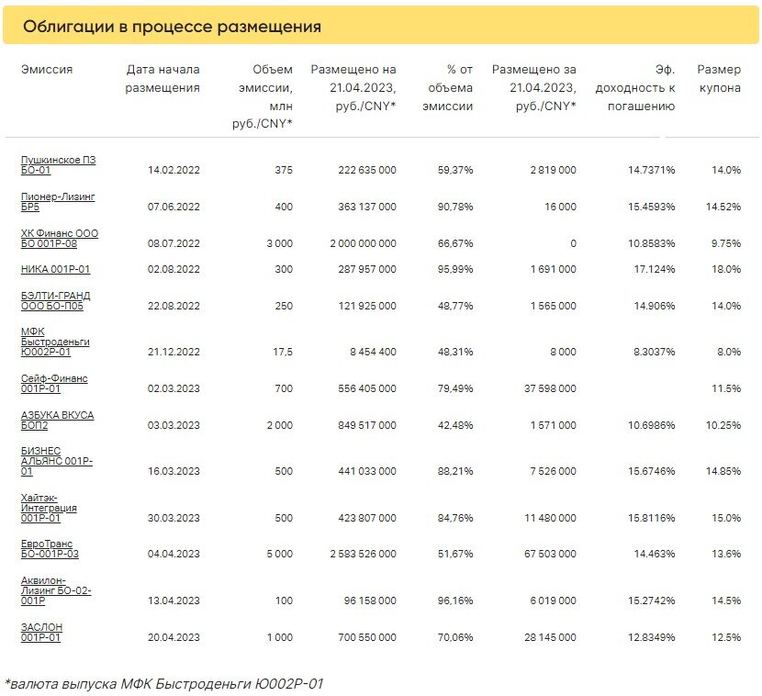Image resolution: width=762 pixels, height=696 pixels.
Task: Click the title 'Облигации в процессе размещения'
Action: [x=172, y=27]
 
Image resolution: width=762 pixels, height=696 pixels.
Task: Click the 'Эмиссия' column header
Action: [x=47, y=70]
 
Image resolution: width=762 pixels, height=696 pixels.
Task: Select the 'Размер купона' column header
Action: [x=719, y=79]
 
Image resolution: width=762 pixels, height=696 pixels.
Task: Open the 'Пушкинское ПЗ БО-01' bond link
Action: [x=59, y=164]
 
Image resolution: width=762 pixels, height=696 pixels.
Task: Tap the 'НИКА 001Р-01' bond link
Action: [x=55, y=269]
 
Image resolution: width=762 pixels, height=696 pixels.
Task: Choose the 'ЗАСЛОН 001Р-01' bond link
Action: [x=42, y=633]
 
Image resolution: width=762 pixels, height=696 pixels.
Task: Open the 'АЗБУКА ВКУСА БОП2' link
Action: [x=57, y=421]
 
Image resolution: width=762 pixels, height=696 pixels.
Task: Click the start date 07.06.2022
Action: [x=174, y=207]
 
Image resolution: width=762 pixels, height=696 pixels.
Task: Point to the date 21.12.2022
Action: [x=174, y=352]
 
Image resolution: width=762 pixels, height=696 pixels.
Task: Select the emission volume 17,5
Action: [x=283, y=352]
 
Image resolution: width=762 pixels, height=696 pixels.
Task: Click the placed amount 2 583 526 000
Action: [x=363, y=554]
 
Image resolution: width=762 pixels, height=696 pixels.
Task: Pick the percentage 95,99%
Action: [x=455, y=269]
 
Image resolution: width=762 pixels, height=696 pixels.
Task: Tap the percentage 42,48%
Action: [x=455, y=425]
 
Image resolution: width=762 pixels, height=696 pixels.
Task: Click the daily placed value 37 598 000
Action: [x=550, y=388]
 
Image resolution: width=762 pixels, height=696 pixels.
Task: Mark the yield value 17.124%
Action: [x=655, y=269]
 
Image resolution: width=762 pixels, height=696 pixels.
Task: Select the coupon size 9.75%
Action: [x=726, y=243]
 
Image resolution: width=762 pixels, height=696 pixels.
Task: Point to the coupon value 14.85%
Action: [x=723, y=471]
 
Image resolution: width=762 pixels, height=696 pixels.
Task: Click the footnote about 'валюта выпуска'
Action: [x=163, y=684]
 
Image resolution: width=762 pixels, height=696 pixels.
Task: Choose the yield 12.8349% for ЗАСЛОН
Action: [x=651, y=637]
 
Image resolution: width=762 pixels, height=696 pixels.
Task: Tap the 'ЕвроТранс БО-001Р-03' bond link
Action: [x=50, y=549]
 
